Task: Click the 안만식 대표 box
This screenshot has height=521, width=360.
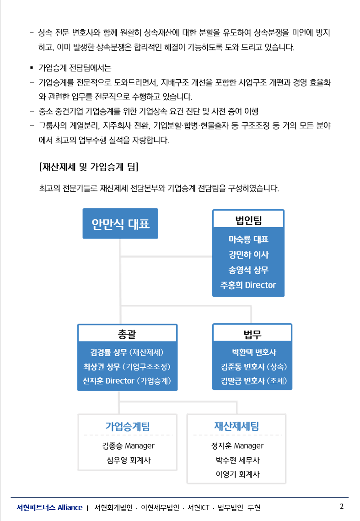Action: [x=120, y=223]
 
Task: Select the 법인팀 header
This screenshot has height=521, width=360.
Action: [x=248, y=220]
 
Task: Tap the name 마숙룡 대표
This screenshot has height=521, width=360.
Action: [x=248, y=239]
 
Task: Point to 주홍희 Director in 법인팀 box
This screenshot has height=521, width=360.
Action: [x=248, y=285]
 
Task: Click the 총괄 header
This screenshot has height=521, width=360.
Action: [x=127, y=334]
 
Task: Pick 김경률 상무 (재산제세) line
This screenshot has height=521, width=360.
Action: [x=127, y=352]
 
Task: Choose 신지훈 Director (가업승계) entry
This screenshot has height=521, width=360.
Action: [x=127, y=381]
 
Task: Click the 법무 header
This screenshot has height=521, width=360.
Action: [x=253, y=334]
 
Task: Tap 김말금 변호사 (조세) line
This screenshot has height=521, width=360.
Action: [x=254, y=381]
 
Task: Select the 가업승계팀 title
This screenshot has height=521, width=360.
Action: [x=128, y=426]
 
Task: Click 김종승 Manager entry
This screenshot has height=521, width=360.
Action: [x=128, y=445]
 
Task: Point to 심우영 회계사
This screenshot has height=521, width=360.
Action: [x=129, y=460]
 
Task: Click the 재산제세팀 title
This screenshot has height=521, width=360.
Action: [x=236, y=426]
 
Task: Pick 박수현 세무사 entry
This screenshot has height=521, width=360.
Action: [x=237, y=460]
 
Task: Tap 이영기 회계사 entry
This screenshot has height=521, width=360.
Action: [x=237, y=474]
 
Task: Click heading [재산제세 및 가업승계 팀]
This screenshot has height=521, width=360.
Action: [x=89, y=167]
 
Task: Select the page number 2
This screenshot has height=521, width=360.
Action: [x=342, y=506]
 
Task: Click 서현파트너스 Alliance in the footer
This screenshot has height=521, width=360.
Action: [x=49, y=507]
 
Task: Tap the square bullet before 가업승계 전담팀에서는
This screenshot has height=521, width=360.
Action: [x=32, y=68]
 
